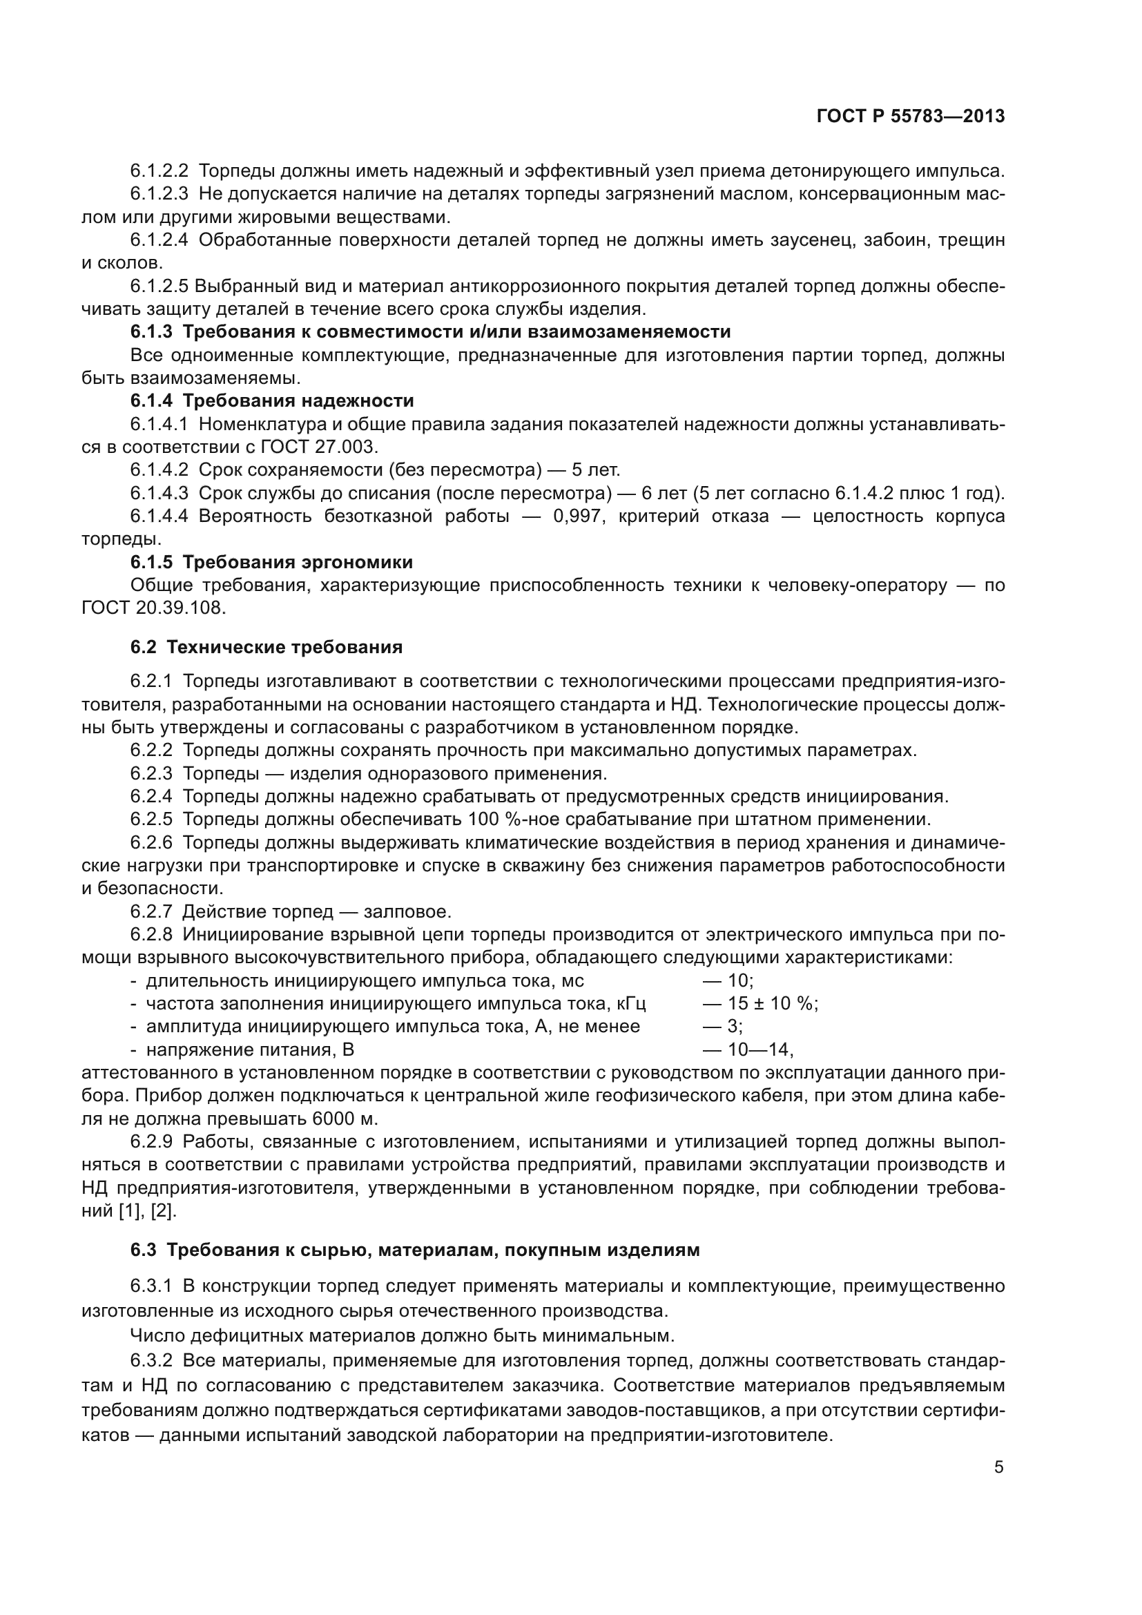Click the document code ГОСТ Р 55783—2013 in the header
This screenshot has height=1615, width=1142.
pyautogui.click(x=911, y=117)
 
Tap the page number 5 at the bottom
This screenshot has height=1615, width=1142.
pyautogui.click(x=998, y=1467)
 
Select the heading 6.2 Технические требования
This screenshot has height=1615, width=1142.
pyautogui.click(x=267, y=647)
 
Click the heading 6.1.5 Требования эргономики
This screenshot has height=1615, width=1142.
pyautogui.click(x=271, y=562)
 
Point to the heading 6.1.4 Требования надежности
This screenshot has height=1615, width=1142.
pyautogui.click(x=272, y=401)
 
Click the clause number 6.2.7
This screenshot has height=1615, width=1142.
pyautogui.click(x=151, y=912)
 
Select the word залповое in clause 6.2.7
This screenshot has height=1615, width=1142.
pyautogui.click(x=407, y=912)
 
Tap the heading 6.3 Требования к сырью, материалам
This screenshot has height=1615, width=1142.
pyautogui.click(x=415, y=1250)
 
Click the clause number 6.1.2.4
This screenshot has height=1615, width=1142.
pyautogui.click(x=159, y=240)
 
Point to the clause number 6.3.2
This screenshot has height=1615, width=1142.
pyautogui.click(x=151, y=1361)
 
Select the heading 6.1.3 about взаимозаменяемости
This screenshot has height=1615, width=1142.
pyautogui.click(x=430, y=331)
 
